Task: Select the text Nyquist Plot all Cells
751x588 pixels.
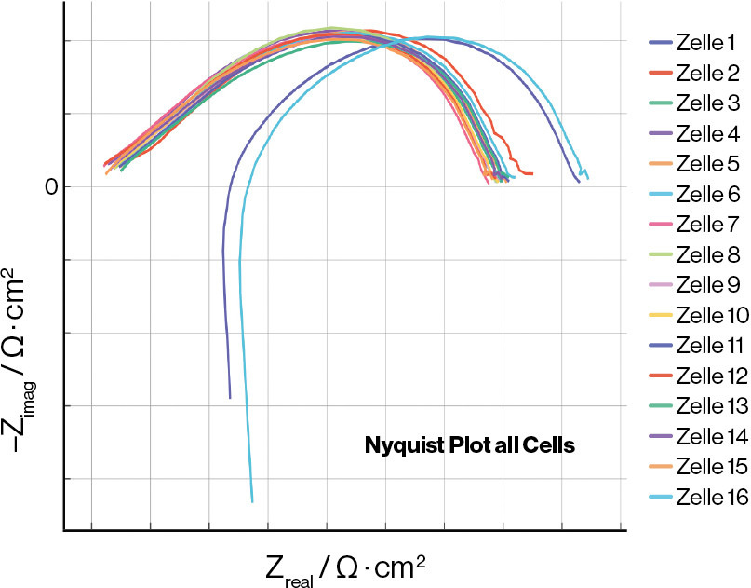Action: click(x=470, y=445)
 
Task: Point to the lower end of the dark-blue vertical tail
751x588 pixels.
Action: click(x=230, y=398)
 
